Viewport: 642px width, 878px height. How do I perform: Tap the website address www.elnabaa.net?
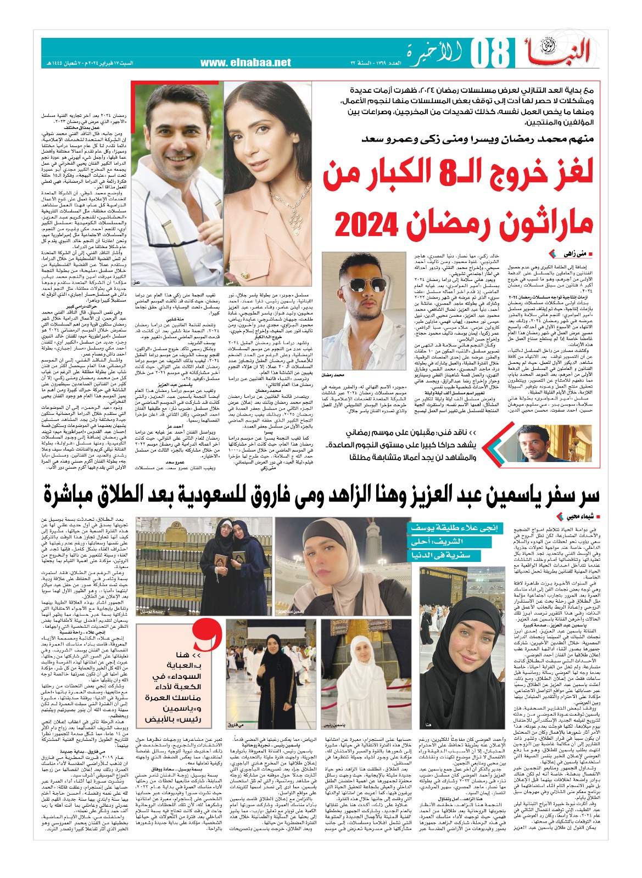tap(245, 63)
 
